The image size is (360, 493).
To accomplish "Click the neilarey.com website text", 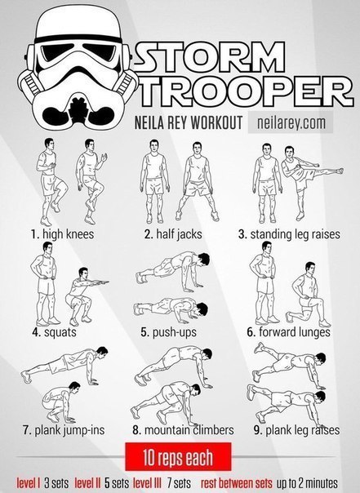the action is (x=291, y=122).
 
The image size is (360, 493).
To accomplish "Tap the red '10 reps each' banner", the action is (x=178, y=457).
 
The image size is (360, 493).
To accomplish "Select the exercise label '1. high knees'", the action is (x=62, y=234).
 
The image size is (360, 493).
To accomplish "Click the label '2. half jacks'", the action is (x=173, y=234).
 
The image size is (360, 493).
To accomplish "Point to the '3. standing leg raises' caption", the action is (x=289, y=234).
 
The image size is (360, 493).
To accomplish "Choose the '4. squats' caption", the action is (x=54, y=332).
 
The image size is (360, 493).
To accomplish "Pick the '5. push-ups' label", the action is (x=168, y=332).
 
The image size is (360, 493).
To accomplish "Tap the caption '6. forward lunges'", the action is (x=288, y=332).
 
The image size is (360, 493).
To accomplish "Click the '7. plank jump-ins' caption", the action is (x=64, y=430).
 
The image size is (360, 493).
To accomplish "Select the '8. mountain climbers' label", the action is (x=183, y=430).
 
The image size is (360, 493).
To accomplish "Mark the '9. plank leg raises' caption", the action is (x=296, y=430).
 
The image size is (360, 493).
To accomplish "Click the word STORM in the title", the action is (x=210, y=57).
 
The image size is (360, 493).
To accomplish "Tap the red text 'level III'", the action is (x=147, y=482).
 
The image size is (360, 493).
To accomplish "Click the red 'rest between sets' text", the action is (x=237, y=482).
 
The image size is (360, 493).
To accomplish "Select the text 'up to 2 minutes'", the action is (x=307, y=483).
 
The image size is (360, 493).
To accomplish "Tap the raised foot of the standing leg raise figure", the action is (x=340, y=171).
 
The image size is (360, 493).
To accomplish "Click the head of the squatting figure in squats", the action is (x=83, y=273).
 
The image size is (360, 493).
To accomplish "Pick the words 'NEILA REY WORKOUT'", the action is (x=189, y=122).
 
